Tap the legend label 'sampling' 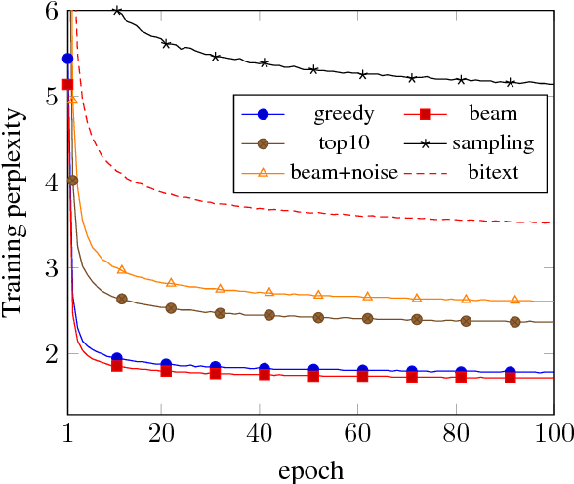click(x=492, y=143)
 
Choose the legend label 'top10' click(x=344, y=143)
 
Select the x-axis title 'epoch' click(x=310, y=470)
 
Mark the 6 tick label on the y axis click(x=51, y=11)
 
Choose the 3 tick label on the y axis click(x=51, y=268)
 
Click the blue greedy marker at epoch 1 click(x=68, y=59)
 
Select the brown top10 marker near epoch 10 click(x=122, y=299)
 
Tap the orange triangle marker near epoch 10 click(x=122, y=269)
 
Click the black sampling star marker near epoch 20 click(x=166, y=44)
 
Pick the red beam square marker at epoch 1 click(x=68, y=85)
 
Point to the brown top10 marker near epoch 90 click(x=514, y=322)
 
